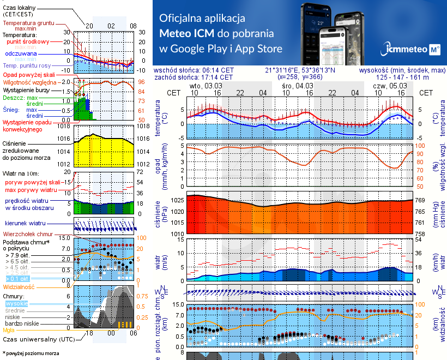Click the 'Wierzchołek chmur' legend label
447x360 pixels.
pyautogui.click(x=29, y=234)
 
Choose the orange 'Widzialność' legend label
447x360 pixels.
pyautogui.click(x=19, y=286)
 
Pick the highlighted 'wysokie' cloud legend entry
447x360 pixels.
pyautogui.click(x=16, y=303)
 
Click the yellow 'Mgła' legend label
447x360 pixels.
pyautogui.click(x=9, y=330)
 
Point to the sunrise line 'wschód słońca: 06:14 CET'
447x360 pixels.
pyautogui.click(x=194, y=70)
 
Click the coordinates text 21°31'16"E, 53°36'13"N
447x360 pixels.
pyautogui.click(x=300, y=70)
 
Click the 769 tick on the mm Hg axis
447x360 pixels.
pyautogui.click(x=420, y=201)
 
